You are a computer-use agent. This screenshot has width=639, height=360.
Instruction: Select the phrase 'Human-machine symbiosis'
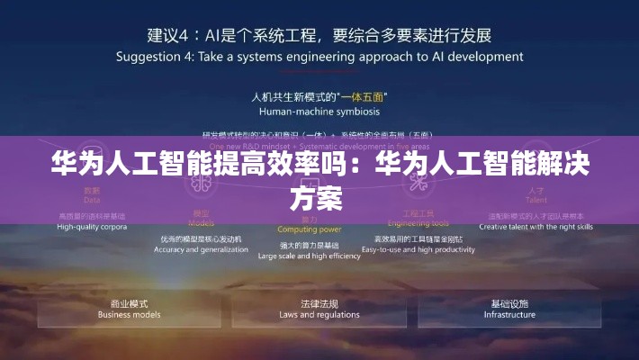click(x=319, y=112)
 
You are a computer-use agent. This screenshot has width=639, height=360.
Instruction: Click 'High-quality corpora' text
click(x=92, y=227)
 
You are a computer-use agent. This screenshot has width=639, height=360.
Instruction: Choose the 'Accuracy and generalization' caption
click(x=202, y=249)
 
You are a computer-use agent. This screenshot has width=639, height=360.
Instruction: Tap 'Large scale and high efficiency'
click(x=309, y=256)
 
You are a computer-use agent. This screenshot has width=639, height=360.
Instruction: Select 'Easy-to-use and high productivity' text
click(x=418, y=249)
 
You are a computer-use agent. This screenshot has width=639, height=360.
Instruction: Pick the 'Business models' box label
click(x=129, y=315)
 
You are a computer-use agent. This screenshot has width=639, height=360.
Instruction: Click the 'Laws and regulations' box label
click(x=319, y=315)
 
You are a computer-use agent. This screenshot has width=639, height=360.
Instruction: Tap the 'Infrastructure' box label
click(x=509, y=315)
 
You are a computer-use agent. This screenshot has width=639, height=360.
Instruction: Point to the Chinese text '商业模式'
click(x=129, y=303)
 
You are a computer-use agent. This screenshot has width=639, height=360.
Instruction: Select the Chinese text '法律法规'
click(x=319, y=303)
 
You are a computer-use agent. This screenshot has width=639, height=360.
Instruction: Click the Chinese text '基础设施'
click(x=509, y=303)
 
